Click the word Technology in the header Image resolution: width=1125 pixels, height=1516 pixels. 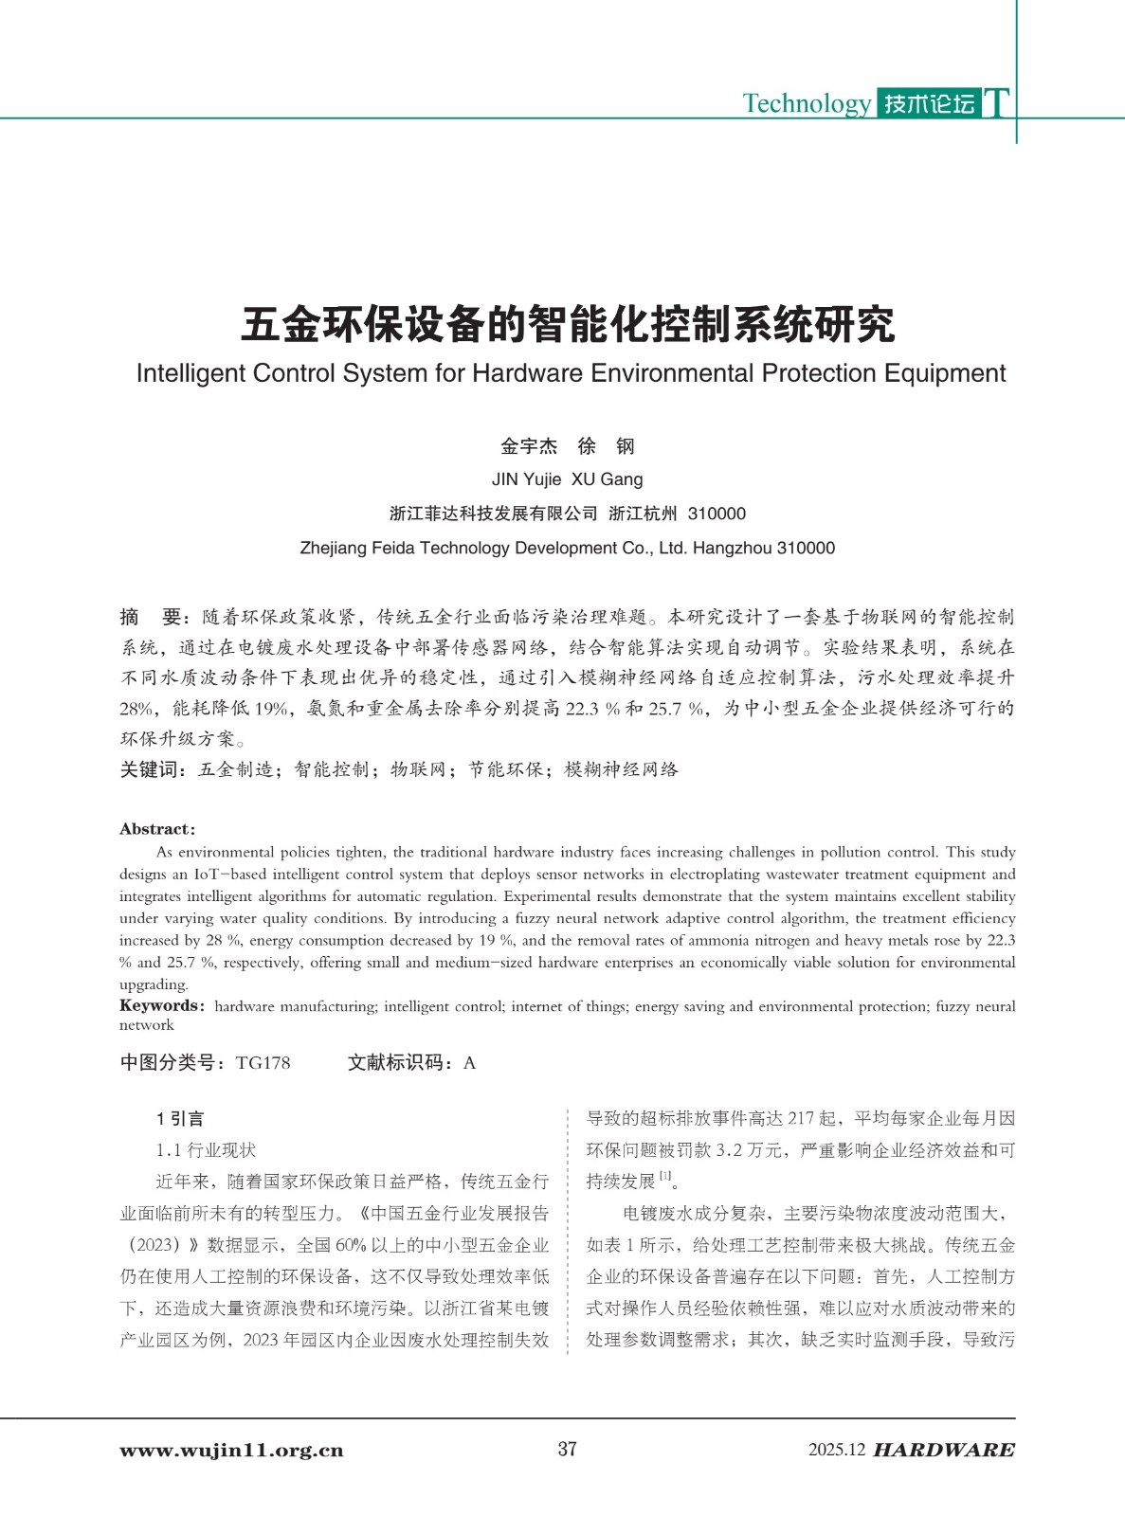[x=806, y=103]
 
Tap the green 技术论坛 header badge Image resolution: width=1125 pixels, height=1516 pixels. [x=929, y=103]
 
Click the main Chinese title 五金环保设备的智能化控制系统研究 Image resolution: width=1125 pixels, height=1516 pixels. [x=568, y=325]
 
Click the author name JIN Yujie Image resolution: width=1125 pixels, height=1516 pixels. [x=526, y=479]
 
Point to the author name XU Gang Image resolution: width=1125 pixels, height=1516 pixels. [x=607, y=479]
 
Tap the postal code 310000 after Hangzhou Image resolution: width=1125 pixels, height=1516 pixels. [x=806, y=548]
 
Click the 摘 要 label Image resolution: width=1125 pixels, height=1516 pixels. [x=152, y=618]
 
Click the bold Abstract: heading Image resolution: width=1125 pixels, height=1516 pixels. [x=157, y=829]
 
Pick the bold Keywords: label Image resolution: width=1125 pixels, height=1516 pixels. [x=160, y=1006]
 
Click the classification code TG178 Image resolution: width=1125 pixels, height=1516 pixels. [x=263, y=1063]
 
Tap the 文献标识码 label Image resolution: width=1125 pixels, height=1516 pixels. [x=397, y=1063]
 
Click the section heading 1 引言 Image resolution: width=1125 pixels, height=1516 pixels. [x=180, y=1119]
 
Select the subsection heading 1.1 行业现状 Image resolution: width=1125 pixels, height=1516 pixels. [x=206, y=1150]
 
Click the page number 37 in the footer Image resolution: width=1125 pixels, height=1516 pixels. [x=567, y=1449]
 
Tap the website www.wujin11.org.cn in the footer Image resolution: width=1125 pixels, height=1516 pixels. [x=231, y=1451]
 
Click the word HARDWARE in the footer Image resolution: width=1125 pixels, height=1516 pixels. [x=943, y=1451]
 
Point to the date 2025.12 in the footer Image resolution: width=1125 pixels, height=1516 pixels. [x=837, y=1451]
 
